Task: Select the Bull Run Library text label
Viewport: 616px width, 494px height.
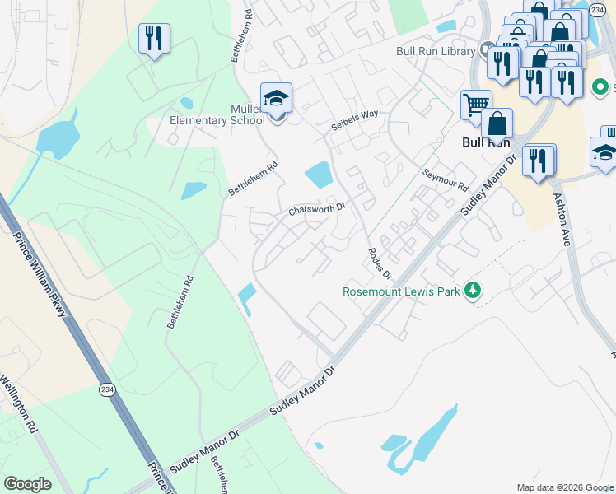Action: [436, 51]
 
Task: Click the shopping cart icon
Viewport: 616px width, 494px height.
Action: [475, 105]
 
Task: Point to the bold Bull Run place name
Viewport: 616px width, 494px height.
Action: [482, 142]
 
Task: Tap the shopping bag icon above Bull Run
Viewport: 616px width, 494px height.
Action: [497, 123]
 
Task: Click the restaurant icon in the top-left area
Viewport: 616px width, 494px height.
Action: [154, 38]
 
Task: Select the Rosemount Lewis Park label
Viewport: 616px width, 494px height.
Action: [402, 291]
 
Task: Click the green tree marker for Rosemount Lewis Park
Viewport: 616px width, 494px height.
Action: [473, 290]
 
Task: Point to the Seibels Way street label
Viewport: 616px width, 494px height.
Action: [355, 119]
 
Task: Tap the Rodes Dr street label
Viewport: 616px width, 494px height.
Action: [380, 263]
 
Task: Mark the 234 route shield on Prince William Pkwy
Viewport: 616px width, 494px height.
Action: [107, 390]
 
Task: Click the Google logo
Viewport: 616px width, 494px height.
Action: [28, 484]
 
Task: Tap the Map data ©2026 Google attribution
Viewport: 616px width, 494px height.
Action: [565, 487]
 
